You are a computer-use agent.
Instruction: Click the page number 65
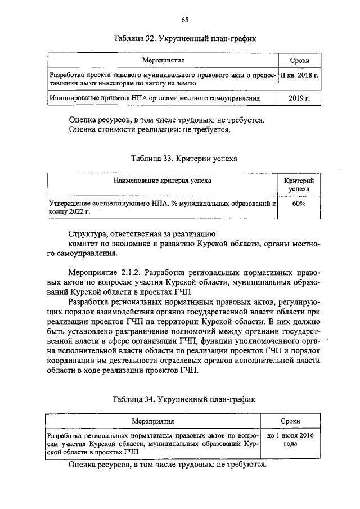coord(184,20)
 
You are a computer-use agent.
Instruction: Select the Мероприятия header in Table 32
coord(163,59)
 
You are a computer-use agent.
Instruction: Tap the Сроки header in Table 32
coord(299,60)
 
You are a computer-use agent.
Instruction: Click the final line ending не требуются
coord(166,466)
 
